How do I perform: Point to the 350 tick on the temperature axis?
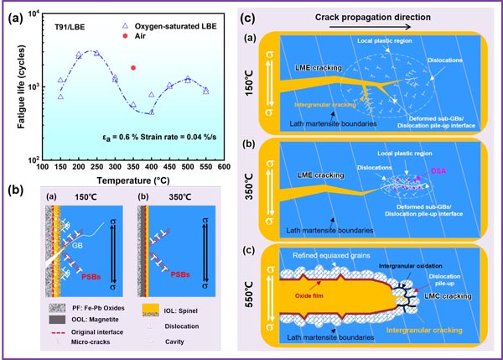(133, 167)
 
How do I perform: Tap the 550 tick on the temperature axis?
(206, 167)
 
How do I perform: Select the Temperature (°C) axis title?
(129, 180)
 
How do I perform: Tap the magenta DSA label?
(438, 171)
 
